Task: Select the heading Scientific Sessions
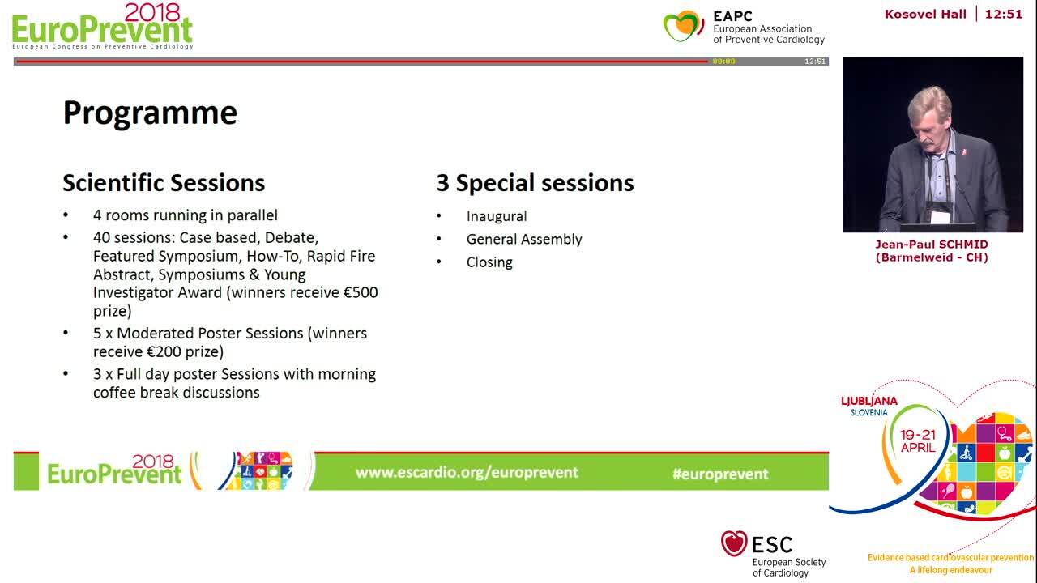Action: [164, 183]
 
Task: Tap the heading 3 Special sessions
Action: [535, 183]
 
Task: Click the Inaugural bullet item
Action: [497, 216]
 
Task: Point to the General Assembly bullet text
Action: [524, 239]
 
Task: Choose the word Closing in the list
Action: [489, 262]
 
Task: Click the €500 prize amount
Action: [361, 292]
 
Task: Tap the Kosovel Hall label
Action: [925, 15]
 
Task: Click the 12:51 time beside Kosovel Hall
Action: [1004, 15]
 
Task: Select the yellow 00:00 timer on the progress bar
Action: [723, 62]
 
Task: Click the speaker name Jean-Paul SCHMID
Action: [932, 245]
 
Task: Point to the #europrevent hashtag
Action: [720, 474]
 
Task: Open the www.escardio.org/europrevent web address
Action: [467, 472]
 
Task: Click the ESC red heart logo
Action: [734, 543]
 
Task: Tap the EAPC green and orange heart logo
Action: [683, 26]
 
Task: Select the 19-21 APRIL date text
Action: [918, 441]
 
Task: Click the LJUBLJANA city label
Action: [869, 401]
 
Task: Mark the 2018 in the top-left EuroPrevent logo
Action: [152, 12]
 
